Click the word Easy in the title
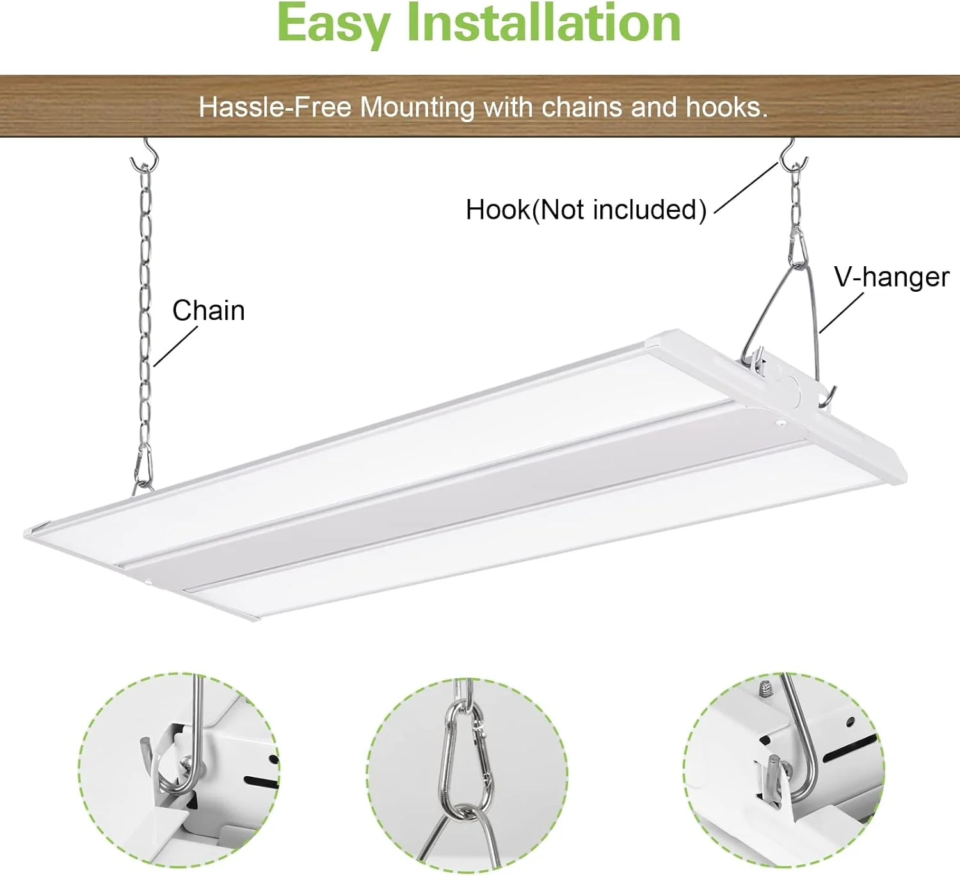334,25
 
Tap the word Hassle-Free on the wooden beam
275,107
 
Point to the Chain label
209,311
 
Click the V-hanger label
892,278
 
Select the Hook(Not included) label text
586,210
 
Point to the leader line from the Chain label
175,347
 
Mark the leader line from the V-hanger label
841,313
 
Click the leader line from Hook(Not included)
746,188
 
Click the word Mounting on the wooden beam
417,108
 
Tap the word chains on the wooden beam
582,107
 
